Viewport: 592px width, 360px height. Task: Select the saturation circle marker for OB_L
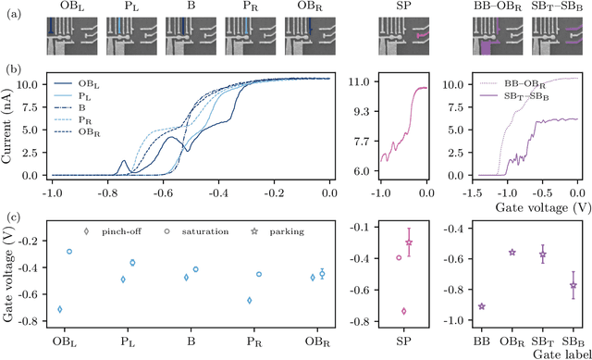(x=69, y=252)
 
